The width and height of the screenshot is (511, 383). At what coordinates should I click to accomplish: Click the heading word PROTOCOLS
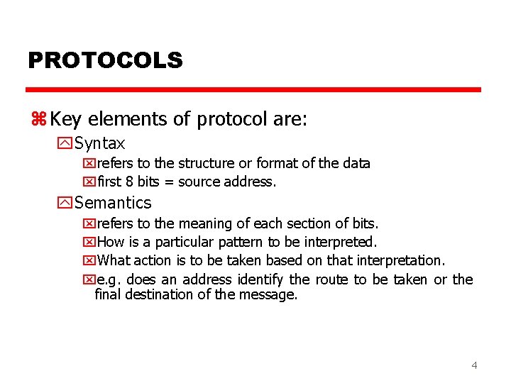point(105,60)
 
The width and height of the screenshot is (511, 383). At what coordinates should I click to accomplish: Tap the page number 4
point(474,365)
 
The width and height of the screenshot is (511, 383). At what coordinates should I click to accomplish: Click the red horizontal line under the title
point(253,90)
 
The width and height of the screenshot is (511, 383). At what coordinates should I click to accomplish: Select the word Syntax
point(100,143)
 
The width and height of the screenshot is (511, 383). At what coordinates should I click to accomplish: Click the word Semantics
point(113,203)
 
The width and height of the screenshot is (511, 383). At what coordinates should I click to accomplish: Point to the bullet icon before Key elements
point(38,119)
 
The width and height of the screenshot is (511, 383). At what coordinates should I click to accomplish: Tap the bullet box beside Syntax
point(66,143)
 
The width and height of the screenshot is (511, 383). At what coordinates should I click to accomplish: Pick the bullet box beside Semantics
point(66,203)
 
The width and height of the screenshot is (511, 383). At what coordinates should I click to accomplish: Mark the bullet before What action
point(89,261)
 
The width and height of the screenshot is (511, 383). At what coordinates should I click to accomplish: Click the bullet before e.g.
point(89,279)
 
